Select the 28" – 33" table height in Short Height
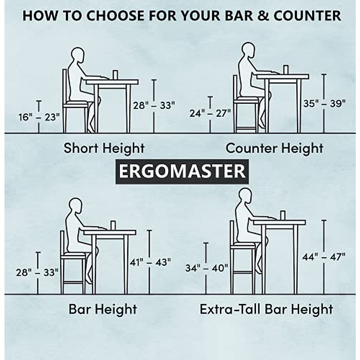point(154,106)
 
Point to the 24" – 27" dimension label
point(210,113)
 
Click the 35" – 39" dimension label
point(324,103)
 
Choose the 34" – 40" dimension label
point(206,268)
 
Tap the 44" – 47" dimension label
point(324,257)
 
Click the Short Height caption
point(104,148)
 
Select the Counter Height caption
point(274,148)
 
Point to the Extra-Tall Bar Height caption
point(266,309)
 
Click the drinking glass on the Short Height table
point(115,75)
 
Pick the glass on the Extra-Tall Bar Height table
point(282,215)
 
